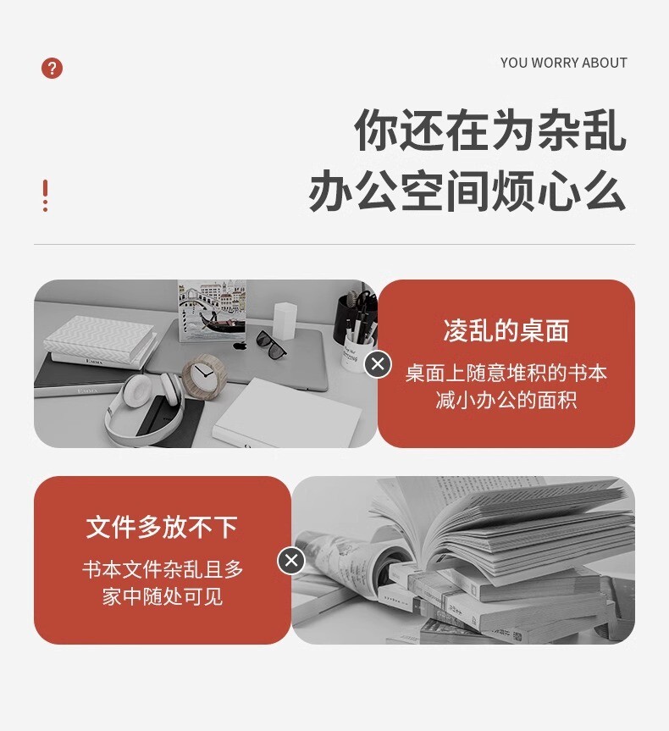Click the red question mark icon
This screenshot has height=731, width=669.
point(52,68)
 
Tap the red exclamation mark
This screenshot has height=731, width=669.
point(45,196)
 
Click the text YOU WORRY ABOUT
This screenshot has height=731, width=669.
point(564,63)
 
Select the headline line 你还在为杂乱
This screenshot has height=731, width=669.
point(489,130)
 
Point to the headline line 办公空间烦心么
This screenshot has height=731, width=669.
point(467,191)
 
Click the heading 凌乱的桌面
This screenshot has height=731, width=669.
point(506,331)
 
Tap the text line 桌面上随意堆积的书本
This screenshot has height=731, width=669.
point(506,373)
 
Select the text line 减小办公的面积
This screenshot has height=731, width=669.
point(506,400)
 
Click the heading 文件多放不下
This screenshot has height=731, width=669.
point(163,527)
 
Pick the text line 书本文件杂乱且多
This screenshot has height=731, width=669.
point(163,569)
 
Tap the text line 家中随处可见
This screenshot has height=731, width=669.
point(163,596)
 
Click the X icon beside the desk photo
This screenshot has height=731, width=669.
point(378,363)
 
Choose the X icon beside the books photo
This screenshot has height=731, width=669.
point(291,561)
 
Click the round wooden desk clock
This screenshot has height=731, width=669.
point(204,376)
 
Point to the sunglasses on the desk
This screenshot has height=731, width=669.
point(271,345)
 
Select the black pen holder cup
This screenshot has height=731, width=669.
point(350,318)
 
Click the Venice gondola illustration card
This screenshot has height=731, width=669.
point(212,311)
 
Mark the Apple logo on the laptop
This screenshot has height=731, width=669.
point(240,346)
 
